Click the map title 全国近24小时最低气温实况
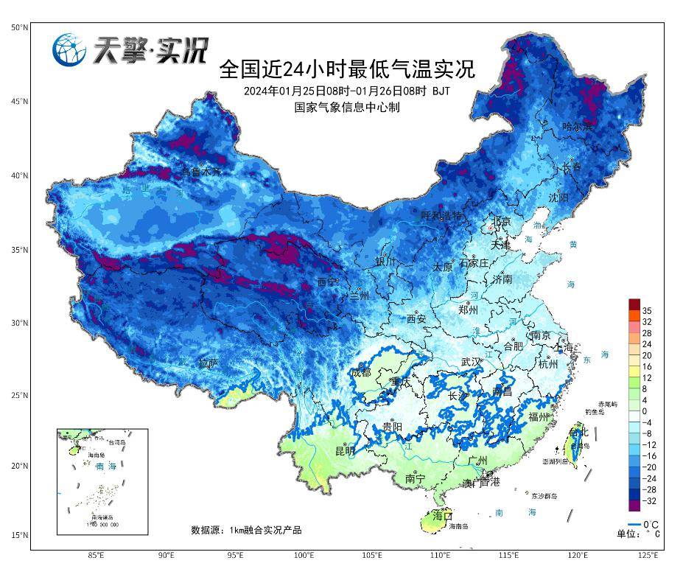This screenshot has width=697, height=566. (347, 70)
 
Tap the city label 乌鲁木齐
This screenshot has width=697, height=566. (201, 171)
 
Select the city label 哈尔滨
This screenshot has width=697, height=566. (577, 127)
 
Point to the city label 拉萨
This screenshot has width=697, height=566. (209, 363)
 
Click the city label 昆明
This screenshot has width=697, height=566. (345, 450)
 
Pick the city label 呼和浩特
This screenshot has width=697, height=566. (441, 215)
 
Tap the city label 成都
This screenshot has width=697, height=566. (361, 372)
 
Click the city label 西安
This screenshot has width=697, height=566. (416, 318)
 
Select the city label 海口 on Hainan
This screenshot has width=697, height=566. (442, 514)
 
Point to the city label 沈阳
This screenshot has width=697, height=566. (558, 198)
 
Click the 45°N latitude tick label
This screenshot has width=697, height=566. (19, 101)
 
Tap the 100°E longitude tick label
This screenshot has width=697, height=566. (304, 555)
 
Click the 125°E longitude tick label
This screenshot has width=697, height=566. (648, 555)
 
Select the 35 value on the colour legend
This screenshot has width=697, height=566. (646, 310)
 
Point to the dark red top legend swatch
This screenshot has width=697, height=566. (634, 304)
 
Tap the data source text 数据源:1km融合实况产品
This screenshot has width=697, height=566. (246, 530)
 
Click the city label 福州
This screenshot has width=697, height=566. (539, 416)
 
